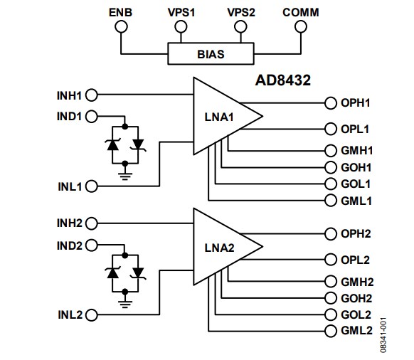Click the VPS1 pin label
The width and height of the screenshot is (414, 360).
(x=181, y=12)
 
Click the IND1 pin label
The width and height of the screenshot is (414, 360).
(x=69, y=115)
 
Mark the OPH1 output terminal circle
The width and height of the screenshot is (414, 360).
(x=330, y=103)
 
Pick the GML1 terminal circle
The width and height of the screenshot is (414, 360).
(x=330, y=201)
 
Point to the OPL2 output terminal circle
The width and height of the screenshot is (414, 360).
(x=330, y=260)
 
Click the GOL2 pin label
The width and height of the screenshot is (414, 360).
(x=358, y=315)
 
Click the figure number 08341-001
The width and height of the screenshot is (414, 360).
(x=403, y=333)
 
